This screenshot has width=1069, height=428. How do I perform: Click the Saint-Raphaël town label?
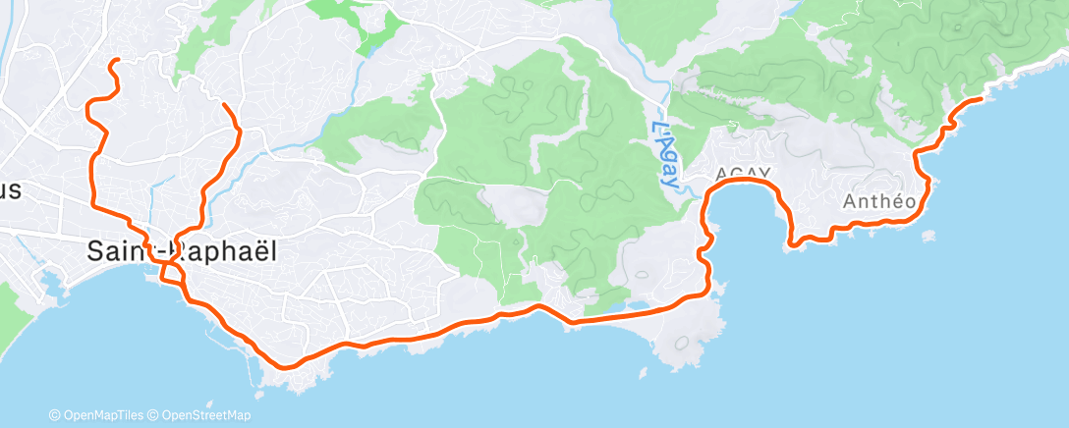click(x=181, y=250)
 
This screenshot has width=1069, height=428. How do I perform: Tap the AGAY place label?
click(x=743, y=174)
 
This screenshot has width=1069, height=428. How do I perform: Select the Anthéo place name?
click(x=879, y=201)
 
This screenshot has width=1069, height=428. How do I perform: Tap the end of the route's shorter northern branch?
click(x=224, y=104)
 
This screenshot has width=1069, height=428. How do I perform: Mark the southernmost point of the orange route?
click(x=285, y=368)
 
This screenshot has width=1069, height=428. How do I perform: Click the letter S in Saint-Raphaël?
click(x=95, y=251)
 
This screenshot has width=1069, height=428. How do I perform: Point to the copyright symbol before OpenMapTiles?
click(x=55, y=416)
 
